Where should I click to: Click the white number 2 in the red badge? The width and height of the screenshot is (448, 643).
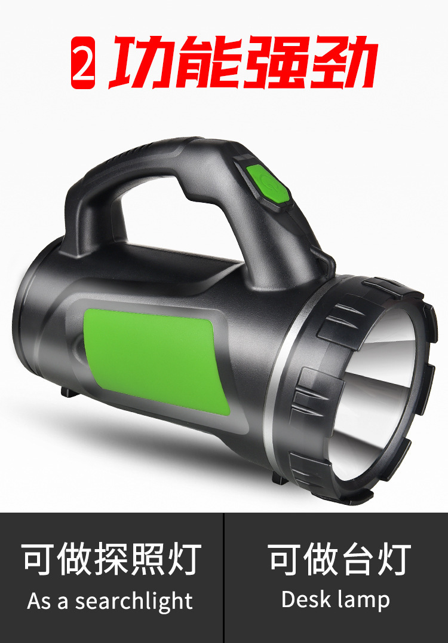tap(83, 62)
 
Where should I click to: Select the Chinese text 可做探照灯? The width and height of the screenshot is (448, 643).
tap(111, 559)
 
